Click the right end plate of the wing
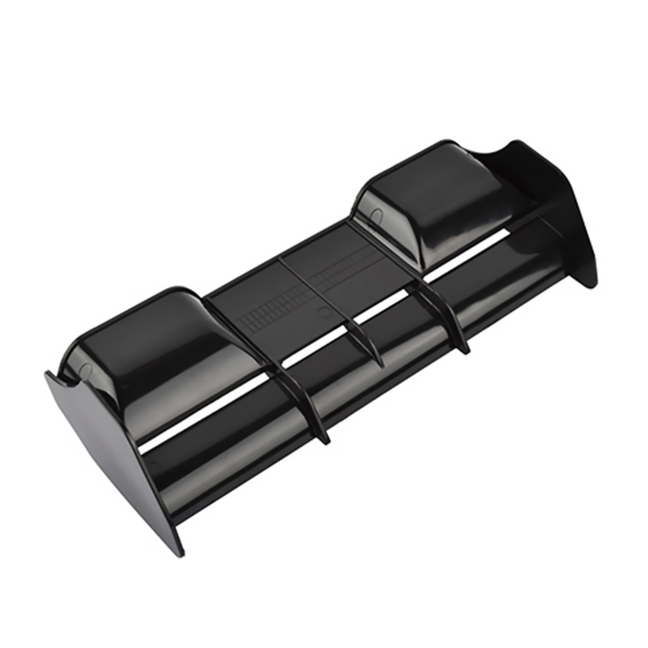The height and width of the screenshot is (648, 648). coord(567,215)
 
